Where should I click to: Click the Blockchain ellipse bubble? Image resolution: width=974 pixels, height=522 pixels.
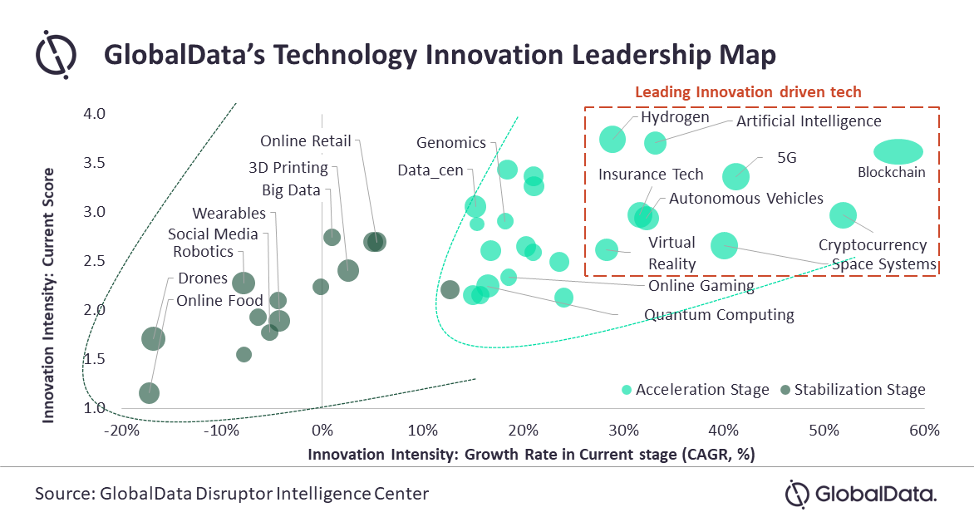[898, 151]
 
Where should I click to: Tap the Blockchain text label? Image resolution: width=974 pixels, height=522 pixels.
[891, 174]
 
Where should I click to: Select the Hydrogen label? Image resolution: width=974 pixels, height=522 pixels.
[675, 117]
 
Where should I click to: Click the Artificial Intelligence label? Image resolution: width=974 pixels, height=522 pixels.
[809, 121]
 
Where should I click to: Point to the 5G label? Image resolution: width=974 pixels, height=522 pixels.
[786, 158]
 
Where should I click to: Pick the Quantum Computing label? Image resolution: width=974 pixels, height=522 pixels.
[719, 315]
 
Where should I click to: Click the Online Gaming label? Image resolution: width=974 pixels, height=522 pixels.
[701, 286]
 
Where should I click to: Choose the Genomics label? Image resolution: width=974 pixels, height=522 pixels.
[450, 143]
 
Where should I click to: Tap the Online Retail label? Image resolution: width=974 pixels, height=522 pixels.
[306, 141]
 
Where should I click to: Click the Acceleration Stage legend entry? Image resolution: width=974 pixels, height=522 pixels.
[695, 390]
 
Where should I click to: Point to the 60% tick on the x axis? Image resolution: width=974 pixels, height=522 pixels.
[924, 431]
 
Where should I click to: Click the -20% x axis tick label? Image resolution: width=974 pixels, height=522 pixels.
[122, 431]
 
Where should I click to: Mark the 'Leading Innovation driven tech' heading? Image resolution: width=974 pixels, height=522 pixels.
[748, 91]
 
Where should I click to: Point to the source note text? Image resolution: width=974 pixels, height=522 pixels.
[232, 494]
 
